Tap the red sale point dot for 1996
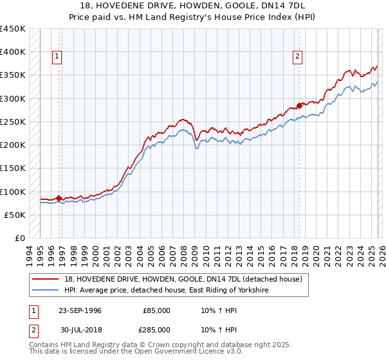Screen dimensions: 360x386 (x=59, y=199)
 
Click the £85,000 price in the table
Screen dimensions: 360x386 (x=156, y=310)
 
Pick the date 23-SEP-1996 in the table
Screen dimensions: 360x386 (x=80, y=310)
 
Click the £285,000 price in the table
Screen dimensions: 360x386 (x=156, y=329)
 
